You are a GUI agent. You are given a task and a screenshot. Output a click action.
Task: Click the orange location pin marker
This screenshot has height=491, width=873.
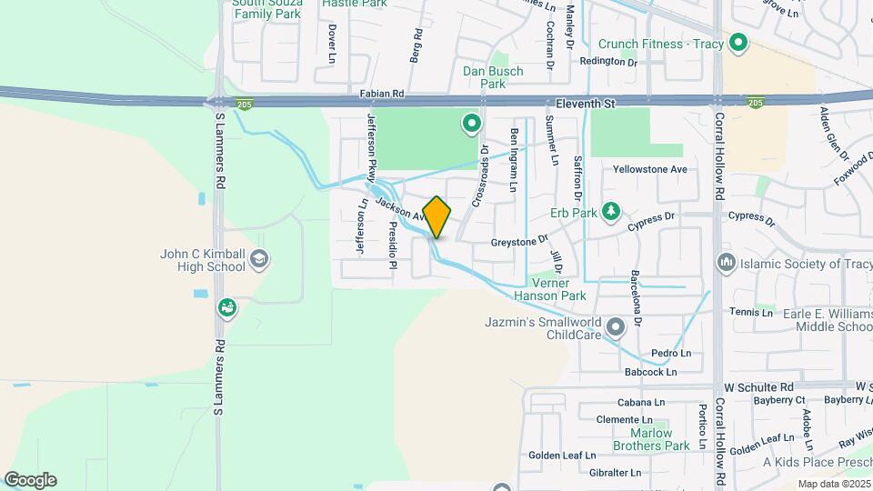point(436,217)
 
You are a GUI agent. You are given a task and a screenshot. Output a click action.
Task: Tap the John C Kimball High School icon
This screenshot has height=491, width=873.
point(259,260)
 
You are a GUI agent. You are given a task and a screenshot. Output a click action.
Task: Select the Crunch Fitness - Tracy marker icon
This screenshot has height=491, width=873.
point(739,42)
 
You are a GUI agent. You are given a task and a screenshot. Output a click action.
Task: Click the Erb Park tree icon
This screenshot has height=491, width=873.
point(612,213)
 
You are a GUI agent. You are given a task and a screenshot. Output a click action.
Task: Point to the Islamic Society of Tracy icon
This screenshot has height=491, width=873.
point(726,264)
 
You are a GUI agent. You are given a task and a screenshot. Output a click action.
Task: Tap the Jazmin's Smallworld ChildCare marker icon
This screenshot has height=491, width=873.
point(616,326)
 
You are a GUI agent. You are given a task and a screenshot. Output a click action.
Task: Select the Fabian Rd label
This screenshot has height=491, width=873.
point(381,94)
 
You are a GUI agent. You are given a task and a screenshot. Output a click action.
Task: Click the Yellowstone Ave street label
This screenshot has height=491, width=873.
point(649,169)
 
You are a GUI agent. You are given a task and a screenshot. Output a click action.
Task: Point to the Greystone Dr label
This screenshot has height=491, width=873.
point(519,242)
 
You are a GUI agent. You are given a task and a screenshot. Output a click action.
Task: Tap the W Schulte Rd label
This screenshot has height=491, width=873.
point(760,386)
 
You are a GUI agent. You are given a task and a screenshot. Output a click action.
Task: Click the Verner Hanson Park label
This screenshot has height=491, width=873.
point(549,289)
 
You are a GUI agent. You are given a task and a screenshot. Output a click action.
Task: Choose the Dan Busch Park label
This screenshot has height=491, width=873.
point(492,77)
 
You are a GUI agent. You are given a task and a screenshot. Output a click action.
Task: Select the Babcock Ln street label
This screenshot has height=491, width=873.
point(651,372)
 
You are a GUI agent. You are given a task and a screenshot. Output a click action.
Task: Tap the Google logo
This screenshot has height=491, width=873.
point(30,480)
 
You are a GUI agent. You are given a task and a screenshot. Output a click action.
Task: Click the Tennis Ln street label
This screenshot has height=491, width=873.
point(750,312)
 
